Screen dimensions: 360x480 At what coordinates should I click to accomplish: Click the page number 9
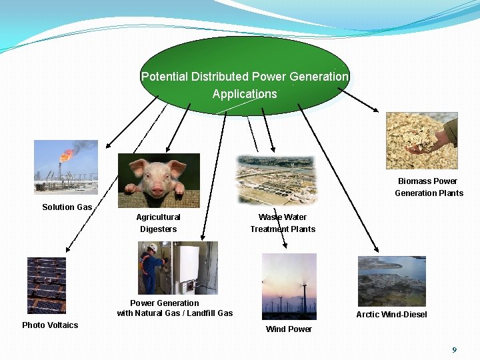(454, 350)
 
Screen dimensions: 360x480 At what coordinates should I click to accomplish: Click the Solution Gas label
(67, 207)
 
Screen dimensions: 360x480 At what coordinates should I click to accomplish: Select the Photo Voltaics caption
(50, 325)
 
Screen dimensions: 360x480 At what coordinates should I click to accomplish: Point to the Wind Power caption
(289, 329)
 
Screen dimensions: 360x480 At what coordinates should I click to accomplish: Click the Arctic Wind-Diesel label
(391, 315)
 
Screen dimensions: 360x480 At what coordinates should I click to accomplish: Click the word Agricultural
(158, 217)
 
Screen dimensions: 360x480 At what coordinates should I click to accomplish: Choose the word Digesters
(158, 229)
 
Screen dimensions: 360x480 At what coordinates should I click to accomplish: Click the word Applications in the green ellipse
(245, 94)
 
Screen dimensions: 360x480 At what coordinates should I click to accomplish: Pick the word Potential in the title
(165, 77)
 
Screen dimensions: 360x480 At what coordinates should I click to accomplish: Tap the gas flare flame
(67, 155)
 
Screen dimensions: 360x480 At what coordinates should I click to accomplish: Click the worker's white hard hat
(153, 247)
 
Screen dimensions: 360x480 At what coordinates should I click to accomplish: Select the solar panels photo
(47, 285)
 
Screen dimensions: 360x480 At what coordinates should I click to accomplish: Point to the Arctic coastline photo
(391, 281)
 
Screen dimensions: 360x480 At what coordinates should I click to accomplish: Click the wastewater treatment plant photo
(277, 179)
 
